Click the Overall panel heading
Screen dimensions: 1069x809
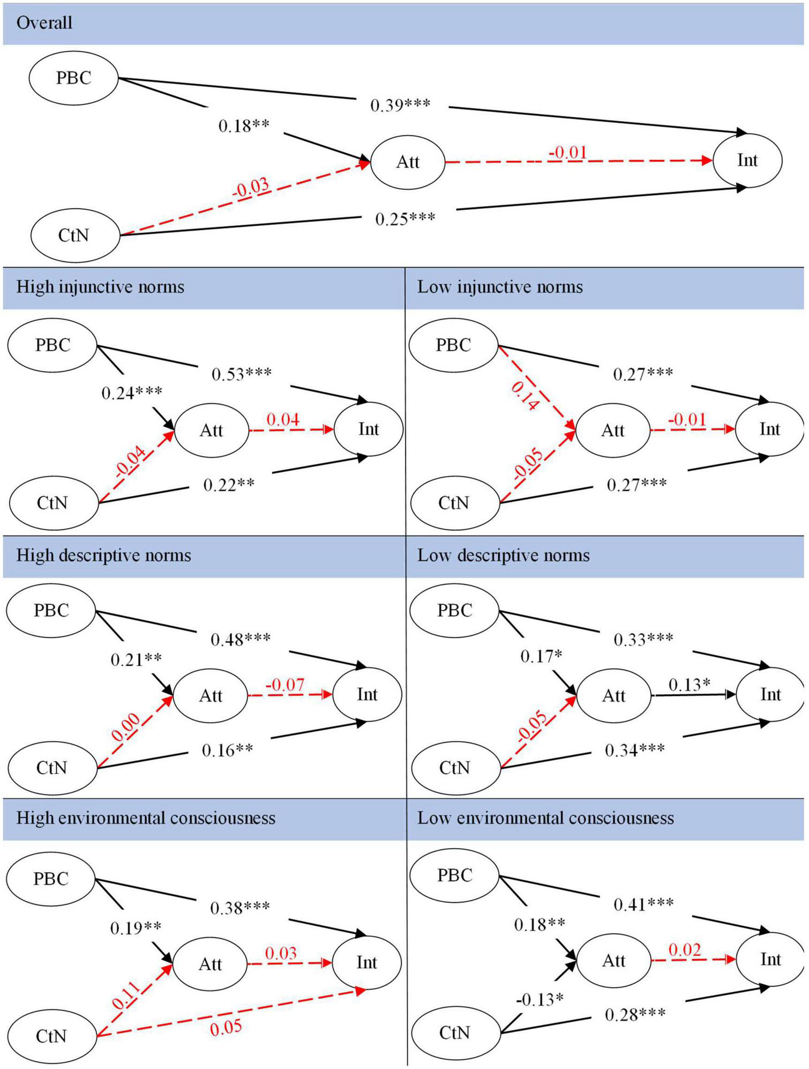[44, 23]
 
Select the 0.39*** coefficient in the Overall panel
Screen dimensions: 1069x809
[400, 105]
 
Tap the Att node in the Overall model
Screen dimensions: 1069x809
[408, 162]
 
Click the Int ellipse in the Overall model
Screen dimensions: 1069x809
[747, 160]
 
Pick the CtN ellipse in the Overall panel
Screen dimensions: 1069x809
[74, 235]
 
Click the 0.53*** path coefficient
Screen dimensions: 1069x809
[242, 374]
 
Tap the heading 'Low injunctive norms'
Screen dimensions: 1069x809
[500, 287]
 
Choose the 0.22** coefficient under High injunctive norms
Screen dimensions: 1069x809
[229, 485]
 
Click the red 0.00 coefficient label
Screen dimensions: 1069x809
[126, 727]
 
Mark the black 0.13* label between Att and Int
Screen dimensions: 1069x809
[690, 685]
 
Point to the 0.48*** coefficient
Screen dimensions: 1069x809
[241, 639]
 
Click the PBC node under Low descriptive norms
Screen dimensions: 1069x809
[454, 610]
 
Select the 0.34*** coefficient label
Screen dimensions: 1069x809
[635, 750]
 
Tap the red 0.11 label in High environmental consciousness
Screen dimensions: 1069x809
[126, 995]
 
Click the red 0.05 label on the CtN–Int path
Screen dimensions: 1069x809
[226, 1028]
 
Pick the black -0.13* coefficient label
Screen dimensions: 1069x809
[540, 999]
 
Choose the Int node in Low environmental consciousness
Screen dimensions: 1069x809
[770, 959]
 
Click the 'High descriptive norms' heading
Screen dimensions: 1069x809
[104, 555]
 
